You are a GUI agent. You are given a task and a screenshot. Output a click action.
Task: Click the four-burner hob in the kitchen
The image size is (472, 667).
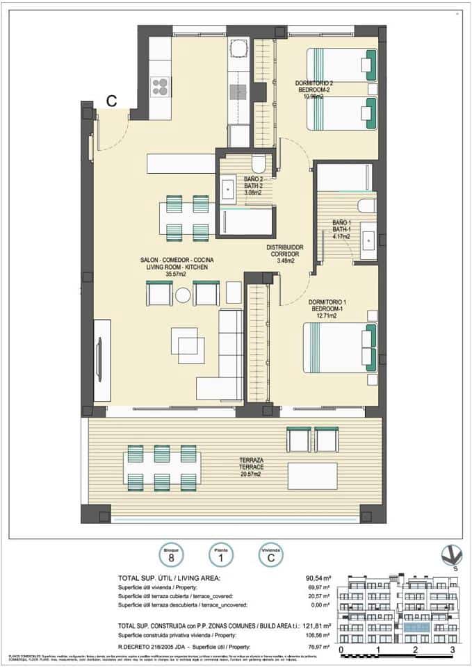click(x=161, y=86)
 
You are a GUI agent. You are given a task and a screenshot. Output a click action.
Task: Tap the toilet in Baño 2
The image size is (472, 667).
click(x=258, y=165)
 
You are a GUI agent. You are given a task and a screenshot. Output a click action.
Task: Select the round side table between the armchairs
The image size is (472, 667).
click(x=183, y=295)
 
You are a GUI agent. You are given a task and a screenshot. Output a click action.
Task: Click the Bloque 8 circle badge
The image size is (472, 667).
click(x=170, y=554)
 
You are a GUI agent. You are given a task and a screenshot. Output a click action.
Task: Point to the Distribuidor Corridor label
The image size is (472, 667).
click(x=284, y=254)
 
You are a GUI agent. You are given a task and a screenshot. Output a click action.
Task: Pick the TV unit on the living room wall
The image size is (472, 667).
click(x=101, y=360)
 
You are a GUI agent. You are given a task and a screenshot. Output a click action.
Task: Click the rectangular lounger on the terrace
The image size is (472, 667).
click(x=312, y=476)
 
